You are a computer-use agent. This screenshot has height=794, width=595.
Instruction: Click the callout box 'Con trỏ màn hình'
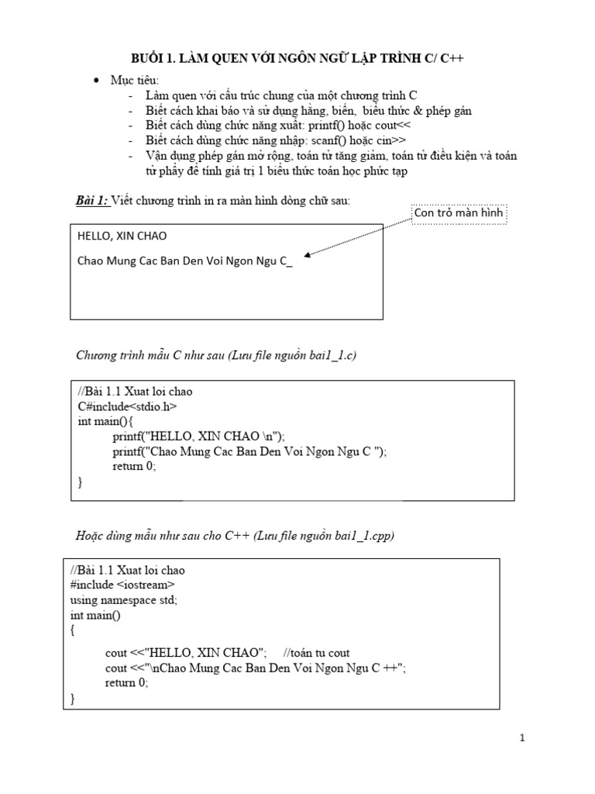click(x=459, y=213)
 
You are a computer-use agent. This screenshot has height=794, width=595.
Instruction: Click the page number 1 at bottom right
click(x=522, y=738)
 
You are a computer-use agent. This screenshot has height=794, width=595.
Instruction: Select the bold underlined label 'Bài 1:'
click(x=91, y=201)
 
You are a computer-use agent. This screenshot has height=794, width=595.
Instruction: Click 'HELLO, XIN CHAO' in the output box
click(x=122, y=235)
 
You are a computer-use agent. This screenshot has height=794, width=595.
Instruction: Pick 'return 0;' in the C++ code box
click(x=126, y=682)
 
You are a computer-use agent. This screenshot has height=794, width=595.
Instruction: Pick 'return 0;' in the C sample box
click(x=134, y=466)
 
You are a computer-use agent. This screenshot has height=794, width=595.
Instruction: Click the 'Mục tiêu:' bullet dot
click(x=96, y=81)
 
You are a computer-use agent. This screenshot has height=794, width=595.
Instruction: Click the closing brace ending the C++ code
click(x=73, y=698)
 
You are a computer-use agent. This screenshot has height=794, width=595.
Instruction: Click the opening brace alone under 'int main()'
click(x=73, y=630)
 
